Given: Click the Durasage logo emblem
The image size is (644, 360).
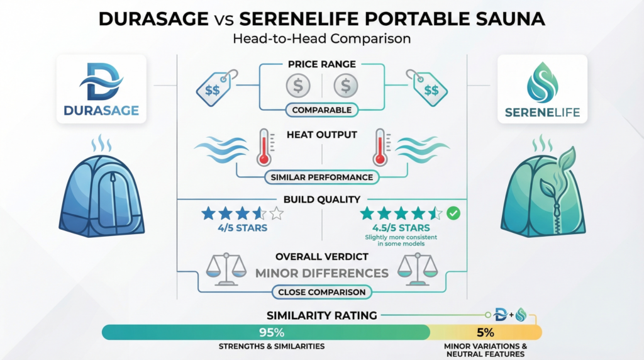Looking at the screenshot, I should [x=101, y=82].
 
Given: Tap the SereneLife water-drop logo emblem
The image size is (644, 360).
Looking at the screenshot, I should [x=541, y=82].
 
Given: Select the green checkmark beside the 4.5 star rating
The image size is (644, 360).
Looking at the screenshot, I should [x=453, y=213].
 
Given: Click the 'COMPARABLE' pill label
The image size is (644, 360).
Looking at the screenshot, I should [x=321, y=110].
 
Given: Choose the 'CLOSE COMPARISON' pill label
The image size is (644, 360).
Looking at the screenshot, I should [x=321, y=292].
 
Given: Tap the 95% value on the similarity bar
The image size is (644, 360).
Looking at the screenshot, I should [x=265, y=332].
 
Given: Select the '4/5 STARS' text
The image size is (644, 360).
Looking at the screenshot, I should [x=242, y=227].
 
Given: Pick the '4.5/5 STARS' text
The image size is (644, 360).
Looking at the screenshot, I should [x=401, y=227].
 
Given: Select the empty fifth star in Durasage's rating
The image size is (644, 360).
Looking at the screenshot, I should [x=275, y=213].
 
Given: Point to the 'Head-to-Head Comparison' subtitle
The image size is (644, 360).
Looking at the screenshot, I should [x=321, y=38].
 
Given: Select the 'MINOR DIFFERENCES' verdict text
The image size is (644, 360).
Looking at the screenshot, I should [x=321, y=273].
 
